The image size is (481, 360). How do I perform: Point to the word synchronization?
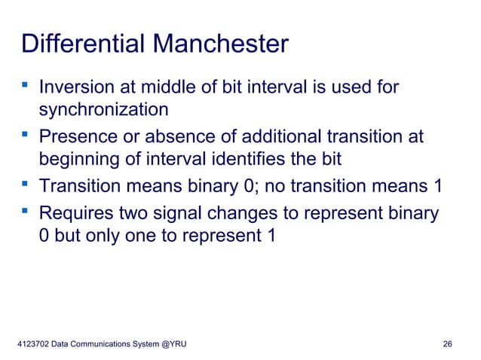click(103, 111)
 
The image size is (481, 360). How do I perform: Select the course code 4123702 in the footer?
click(32, 345)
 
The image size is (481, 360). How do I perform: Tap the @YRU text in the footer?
click(173, 345)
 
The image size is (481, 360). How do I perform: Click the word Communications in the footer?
click(100, 345)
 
